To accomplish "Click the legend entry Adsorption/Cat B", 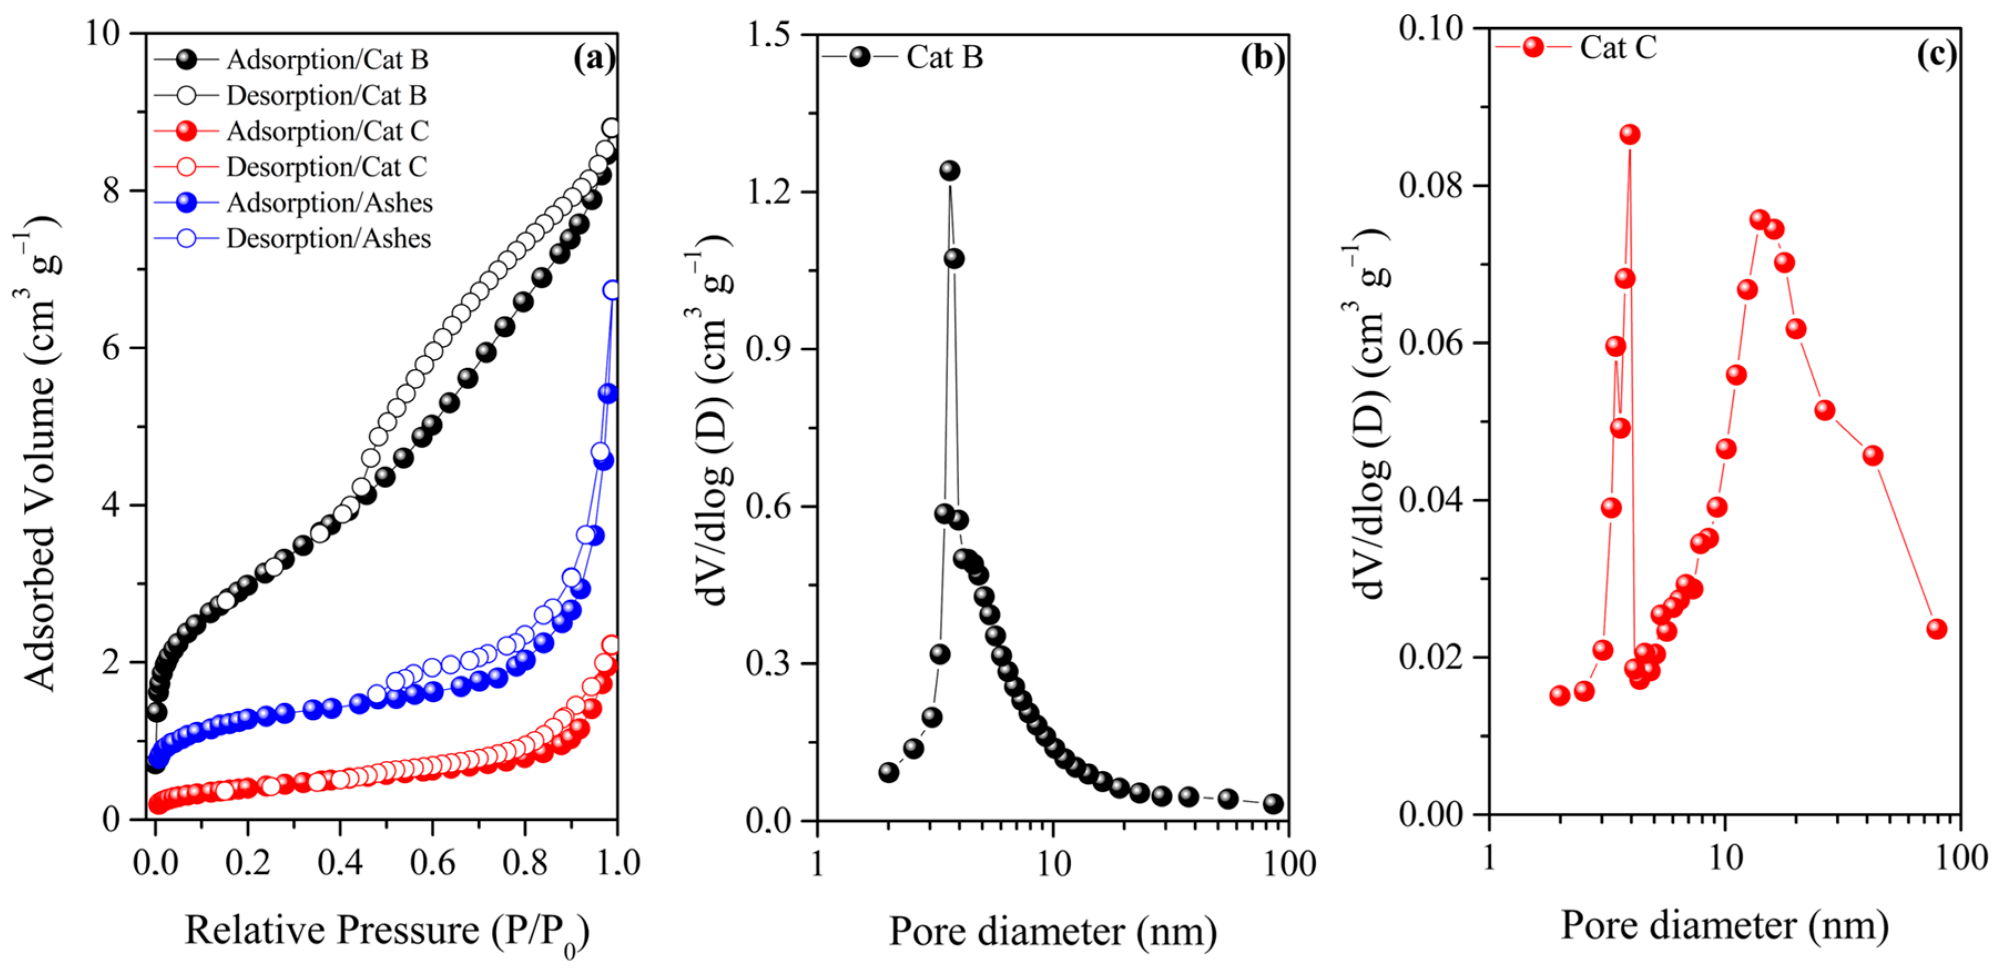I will click(326, 60).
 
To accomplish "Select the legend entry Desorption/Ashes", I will click(328, 238).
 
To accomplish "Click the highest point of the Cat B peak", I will click(949, 171).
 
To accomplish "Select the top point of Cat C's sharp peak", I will click(1630, 134).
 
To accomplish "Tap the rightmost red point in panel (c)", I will click(1937, 628).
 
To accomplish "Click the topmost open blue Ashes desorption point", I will click(612, 290).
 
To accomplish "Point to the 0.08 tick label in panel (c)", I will click(1431, 186).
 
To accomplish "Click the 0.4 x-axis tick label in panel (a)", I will click(339, 863).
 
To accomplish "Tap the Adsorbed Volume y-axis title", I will click(39, 453).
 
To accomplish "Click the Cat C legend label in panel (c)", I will click(1618, 47).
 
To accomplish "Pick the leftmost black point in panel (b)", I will click(889, 772).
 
